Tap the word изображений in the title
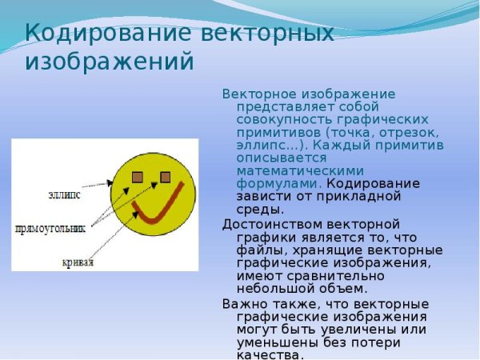(x=110, y=62)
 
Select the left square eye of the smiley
(x=138, y=177)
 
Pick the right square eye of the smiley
(x=166, y=176)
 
